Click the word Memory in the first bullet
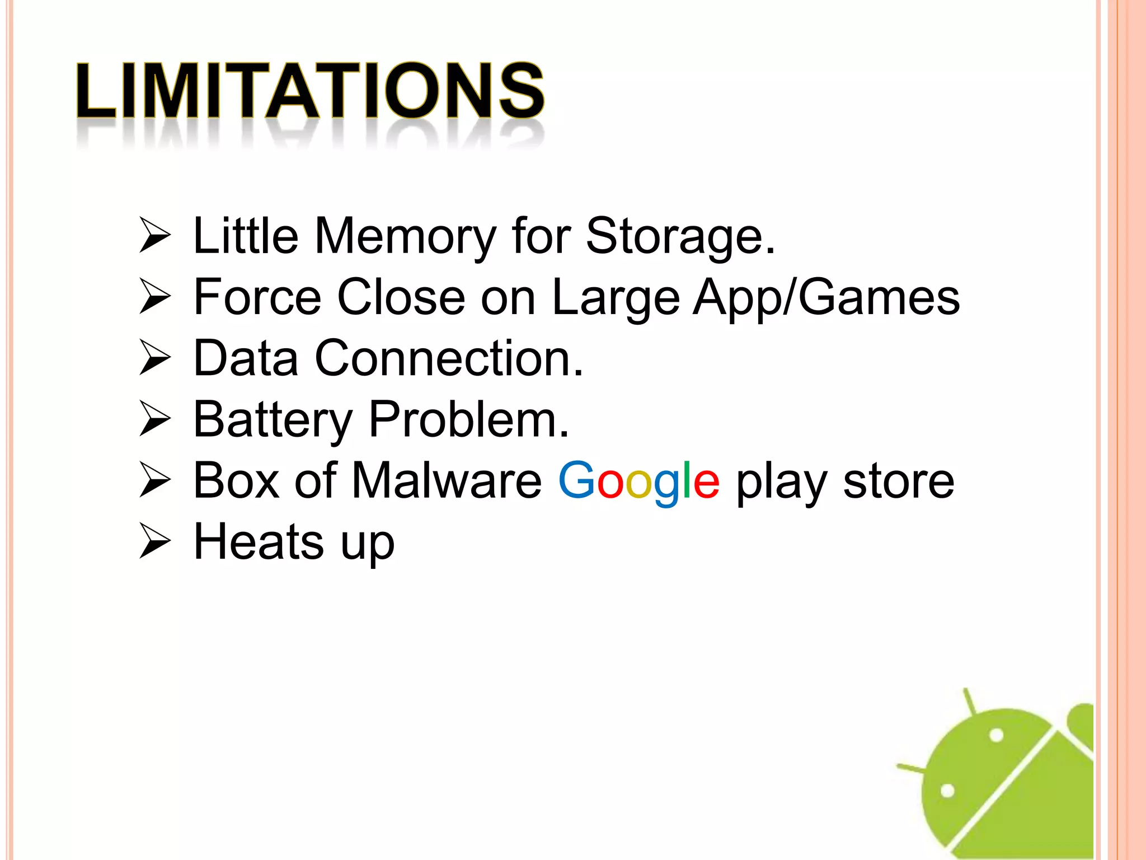pos(405,236)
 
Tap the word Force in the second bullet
pos(257,297)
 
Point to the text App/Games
pos(826,297)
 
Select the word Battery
pos(273,419)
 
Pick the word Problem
pos(469,419)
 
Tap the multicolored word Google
pos(638,482)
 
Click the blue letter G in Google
pos(577,480)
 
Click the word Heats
pos(259,541)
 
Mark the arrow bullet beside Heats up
pos(154,541)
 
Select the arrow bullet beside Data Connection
pos(154,358)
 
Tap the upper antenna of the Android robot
pos(970,702)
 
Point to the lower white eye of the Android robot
pos(947,791)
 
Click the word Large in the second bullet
pos(616,297)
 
